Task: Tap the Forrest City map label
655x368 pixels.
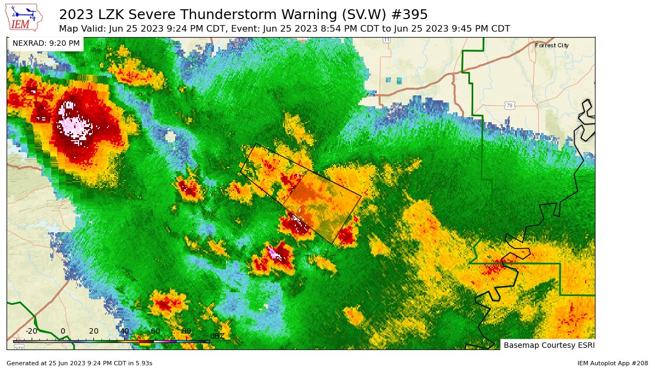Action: pyautogui.click(x=551, y=45)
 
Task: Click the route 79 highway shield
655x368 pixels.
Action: pyautogui.click(x=509, y=105)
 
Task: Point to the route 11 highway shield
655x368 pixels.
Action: pyautogui.click(x=386, y=40)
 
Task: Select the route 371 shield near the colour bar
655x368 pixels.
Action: pyautogui.click(x=19, y=347)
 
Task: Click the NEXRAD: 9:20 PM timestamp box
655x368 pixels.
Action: pyautogui.click(x=46, y=43)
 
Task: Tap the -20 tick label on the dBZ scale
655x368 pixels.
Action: pyautogui.click(x=31, y=331)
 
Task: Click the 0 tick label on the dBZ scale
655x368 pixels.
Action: pyautogui.click(x=63, y=331)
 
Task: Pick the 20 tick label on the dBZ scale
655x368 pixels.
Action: pyautogui.click(x=94, y=331)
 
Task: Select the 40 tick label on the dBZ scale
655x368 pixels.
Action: pyautogui.click(x=124, y=331)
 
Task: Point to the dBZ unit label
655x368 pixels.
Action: pyautogui.click(x=217, y=336)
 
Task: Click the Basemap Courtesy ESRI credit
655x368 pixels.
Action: pyautogui.click(x=549, y=345)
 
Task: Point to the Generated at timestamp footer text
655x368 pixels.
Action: pyautogui.click(x=79, y=363)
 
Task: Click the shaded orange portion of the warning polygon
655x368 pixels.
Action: pyautogui.click(x=322, y=207)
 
